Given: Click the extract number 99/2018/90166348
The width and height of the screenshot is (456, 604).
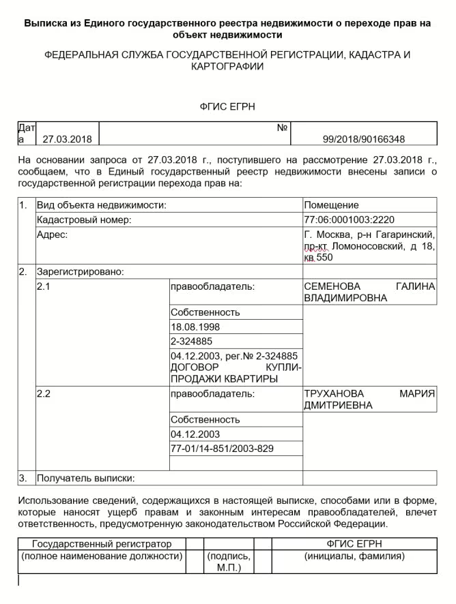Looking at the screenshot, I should pos(363,139).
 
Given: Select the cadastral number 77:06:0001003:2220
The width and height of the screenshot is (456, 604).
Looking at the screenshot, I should pos(350,220).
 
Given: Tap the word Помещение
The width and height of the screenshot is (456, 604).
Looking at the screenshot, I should pos(331,205).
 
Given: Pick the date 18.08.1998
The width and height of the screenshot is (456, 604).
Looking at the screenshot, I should pos(195,327).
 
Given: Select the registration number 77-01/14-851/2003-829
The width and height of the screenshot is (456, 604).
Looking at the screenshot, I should pos(222,448).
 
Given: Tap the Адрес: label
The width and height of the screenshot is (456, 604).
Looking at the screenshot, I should pos(52,235).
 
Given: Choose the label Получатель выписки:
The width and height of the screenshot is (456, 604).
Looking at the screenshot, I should pos(86,479).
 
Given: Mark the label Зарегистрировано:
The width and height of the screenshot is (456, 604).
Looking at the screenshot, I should pos(80,271).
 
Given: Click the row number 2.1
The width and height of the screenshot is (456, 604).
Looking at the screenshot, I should pos(44,286).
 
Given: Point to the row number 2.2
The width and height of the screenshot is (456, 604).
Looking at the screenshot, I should pos(44,394).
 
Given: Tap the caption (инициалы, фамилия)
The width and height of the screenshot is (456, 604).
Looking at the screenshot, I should pos(354,556).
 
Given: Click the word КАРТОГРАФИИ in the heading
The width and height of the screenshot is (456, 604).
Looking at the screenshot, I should pos(228,66).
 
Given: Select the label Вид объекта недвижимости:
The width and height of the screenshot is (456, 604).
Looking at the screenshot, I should pos(102,205).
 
